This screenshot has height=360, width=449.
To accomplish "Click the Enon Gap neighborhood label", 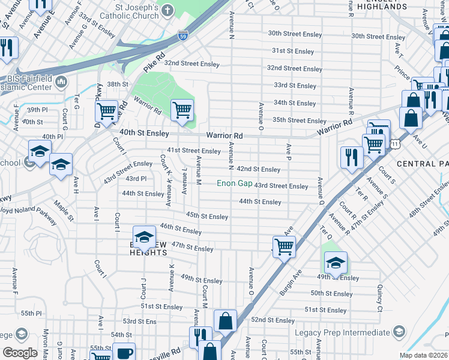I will (234, 183).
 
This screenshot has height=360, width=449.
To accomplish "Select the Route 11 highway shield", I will (394, 144).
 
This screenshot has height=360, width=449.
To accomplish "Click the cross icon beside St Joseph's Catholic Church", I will (167, 10).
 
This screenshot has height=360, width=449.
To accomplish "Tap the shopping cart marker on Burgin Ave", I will (284, 245).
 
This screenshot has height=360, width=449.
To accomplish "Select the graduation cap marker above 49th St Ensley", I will (336, 262).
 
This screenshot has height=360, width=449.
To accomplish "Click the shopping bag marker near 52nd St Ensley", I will (225, 320).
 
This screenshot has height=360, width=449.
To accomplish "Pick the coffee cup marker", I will (124, 353).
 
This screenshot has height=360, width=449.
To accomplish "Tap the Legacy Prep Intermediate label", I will (342, 332).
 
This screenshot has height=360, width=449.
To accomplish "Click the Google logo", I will (20, 352).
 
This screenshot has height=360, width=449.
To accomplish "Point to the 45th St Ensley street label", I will (206, 216).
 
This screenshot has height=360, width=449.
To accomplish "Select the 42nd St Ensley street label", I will (258, 170).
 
